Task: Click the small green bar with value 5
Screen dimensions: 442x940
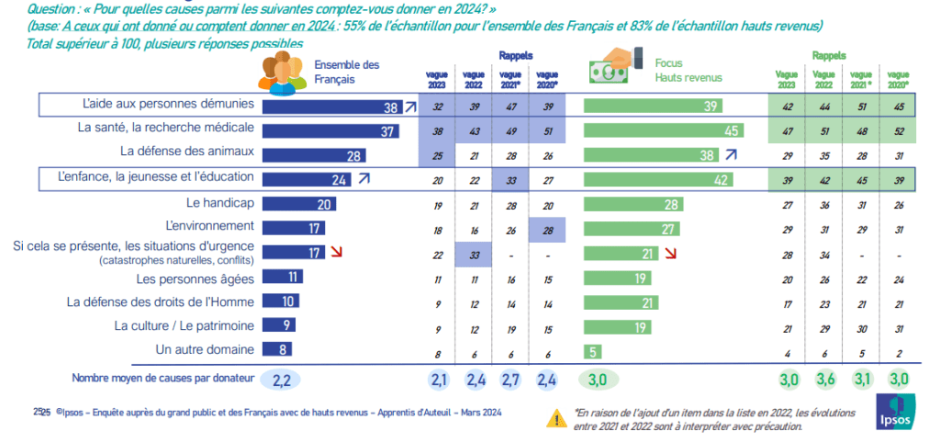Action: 593,349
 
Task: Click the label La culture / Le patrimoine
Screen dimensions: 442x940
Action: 185,324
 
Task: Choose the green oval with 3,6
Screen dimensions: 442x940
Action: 825,379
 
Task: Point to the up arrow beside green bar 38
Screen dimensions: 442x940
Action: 732,155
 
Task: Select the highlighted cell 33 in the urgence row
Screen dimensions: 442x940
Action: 475,252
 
